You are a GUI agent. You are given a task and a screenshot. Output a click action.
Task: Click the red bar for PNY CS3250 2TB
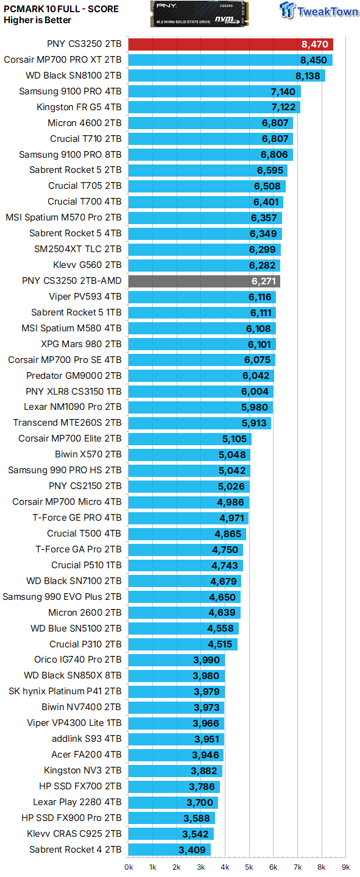click(230, 44)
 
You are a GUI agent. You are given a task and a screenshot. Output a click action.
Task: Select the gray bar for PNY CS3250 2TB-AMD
click(204, 281)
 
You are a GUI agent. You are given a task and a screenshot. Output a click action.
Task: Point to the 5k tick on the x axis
click(249, 867)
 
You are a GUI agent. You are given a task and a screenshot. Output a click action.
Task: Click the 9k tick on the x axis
click(345, 867)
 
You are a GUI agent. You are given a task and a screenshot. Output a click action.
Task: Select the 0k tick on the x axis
click(129, 867)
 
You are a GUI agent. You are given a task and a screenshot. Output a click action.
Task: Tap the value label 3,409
click(193, 850)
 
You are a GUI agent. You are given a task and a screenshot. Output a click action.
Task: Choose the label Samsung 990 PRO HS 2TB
click(65, 470)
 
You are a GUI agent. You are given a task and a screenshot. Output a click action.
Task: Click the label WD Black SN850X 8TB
click(72, 675)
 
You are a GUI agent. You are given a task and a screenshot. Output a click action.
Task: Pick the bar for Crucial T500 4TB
click(187, 534)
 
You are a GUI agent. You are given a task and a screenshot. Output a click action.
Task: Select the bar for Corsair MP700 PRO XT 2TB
click(230, 60)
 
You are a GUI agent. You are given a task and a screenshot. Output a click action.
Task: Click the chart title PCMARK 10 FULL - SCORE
click(62, 9)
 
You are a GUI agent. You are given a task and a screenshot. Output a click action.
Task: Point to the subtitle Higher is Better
click(37, 20)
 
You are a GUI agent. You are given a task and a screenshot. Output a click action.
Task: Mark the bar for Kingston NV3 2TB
click(175, 770)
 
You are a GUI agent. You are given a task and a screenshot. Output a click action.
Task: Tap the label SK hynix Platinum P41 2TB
click(65, 691)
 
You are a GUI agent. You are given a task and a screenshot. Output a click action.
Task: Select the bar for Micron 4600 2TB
click(210, 123)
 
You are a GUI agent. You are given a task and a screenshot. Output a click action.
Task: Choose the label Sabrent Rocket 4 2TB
click(76, 850)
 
